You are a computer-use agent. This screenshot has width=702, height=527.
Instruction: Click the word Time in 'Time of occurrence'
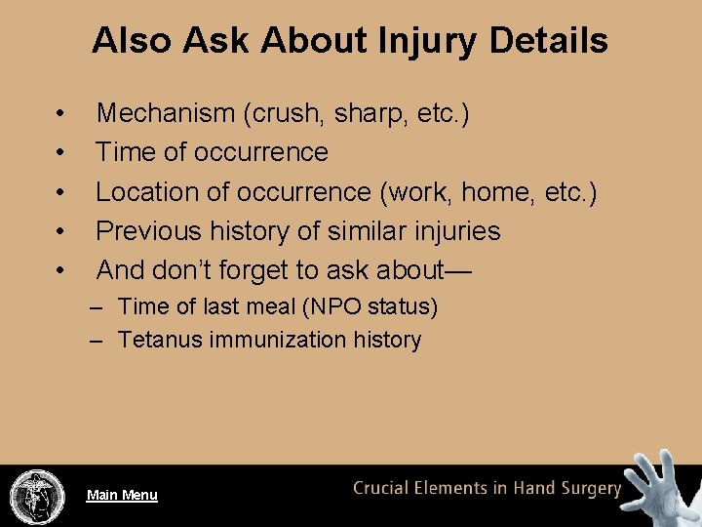click(126, 153)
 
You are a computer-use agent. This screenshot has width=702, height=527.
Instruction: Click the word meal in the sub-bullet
click(269, 307)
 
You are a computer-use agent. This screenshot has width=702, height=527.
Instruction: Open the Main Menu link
click(122, 495)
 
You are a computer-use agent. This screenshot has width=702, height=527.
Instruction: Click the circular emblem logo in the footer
click(36, 496)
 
